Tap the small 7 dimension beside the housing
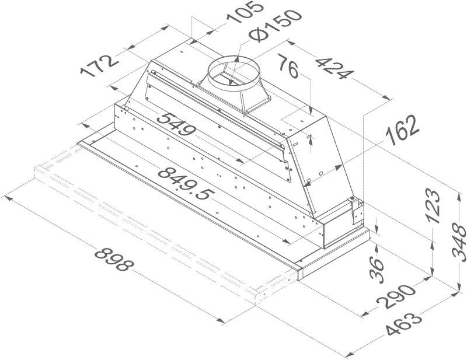point(310,139)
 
